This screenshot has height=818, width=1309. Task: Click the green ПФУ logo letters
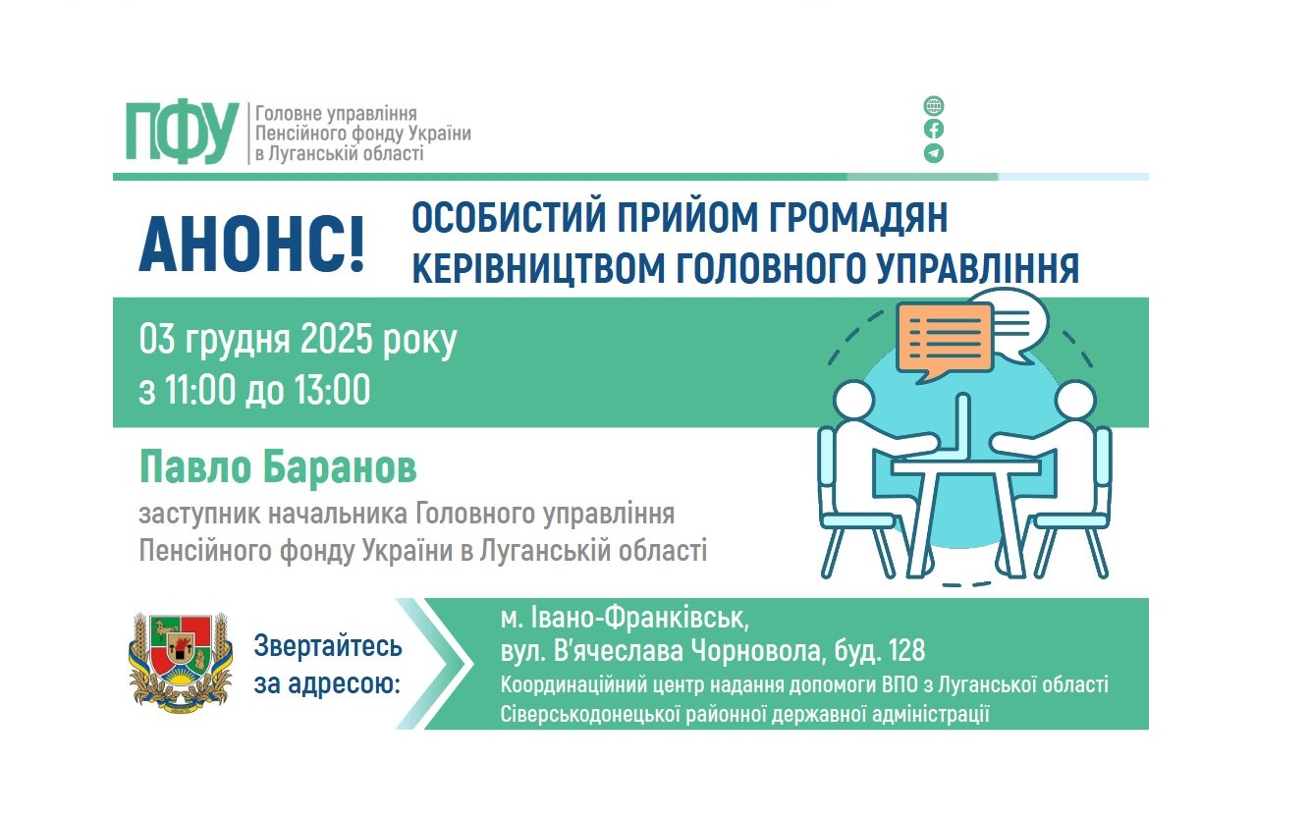point(182,131)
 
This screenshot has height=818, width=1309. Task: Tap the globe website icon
point(934,106)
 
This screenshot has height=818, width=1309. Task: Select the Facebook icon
point(934,130)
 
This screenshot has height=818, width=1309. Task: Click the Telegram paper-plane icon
point(934,153)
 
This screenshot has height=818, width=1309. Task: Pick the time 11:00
point(196,391)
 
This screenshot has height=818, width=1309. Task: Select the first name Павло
point(185,468)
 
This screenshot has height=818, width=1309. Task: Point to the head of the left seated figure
point(852,401)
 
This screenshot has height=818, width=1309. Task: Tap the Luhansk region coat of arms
point(181,658)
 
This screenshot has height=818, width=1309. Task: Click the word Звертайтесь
point(328,647)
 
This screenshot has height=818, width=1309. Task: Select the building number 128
point(903,651)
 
